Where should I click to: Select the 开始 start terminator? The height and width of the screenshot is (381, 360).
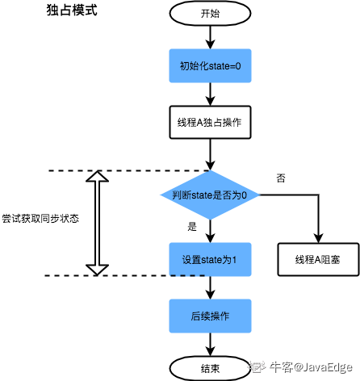[209, 14]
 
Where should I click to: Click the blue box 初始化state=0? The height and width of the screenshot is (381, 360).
[209, 65]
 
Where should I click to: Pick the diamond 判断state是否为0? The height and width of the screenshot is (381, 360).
[209, 195]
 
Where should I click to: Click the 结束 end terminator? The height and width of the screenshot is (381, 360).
[209, 367]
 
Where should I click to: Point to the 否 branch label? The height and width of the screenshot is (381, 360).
[280, 178]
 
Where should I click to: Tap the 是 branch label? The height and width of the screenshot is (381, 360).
[192, 227]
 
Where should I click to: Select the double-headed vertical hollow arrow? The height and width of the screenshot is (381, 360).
[97, 223]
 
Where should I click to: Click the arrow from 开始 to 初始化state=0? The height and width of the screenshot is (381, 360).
[209, 36]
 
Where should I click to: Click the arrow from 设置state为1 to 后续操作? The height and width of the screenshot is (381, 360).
[209, 286]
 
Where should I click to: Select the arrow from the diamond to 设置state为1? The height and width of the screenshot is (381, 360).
[209, 232]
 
